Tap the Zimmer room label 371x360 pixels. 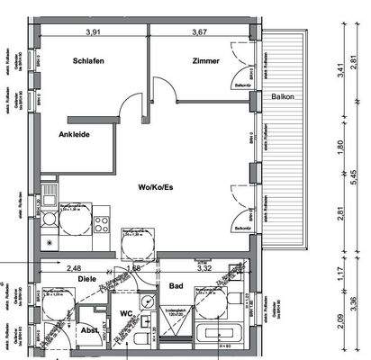(x=205, y=61)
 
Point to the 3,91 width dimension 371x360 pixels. (x=92, y=33)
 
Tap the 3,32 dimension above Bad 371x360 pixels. (x=204, y=266)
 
